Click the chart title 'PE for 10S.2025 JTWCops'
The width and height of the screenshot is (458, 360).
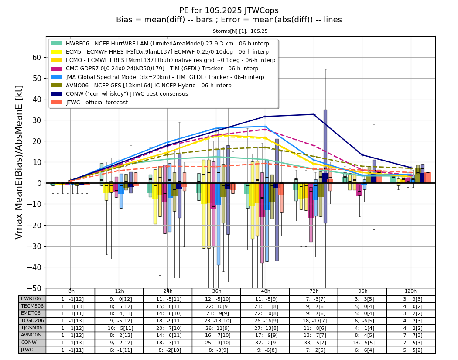pos(229,10)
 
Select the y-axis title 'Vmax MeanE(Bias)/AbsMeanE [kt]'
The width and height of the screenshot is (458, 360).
pos(19,162)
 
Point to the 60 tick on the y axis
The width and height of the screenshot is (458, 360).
pos(37,58)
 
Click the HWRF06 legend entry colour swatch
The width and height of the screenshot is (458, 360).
pos(56,44)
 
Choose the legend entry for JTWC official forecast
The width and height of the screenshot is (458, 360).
pos(89,102)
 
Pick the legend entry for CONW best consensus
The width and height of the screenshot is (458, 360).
pos(120,94)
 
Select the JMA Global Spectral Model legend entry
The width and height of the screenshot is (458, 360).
pos(157,77)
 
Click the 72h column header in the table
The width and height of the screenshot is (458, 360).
pos(314,291)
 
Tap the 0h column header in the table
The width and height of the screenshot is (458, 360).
pos(71,291)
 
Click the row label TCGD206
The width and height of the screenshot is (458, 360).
pos(32,320)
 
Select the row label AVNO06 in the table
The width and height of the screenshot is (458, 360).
pos(31,335)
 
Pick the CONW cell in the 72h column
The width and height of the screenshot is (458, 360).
pos(314,343)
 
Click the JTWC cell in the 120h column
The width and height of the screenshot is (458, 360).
pos(411,350)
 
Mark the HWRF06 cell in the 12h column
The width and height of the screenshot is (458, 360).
pos(119,299)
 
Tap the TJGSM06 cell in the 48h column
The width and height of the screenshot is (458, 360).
pos(265,328)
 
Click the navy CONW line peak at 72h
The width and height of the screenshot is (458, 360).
pos(314,114)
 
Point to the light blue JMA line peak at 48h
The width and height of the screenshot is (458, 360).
pos(265,126)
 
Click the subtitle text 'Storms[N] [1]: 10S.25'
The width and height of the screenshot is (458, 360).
pos(240,31)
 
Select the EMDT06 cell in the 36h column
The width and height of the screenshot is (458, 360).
pos(216,313)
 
